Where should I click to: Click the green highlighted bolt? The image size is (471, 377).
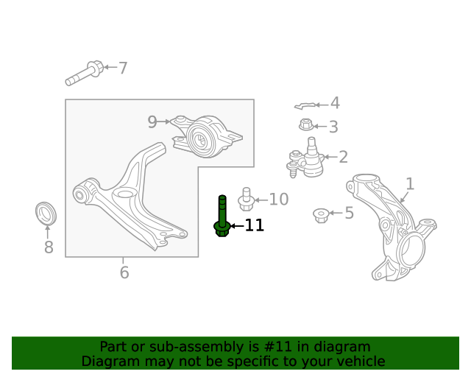click(x=222, y=217)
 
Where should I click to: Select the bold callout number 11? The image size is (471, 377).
click(x=255, y=225)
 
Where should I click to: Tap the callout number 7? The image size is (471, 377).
click(x=123, y=68)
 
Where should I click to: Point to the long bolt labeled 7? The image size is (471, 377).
click(x=85, y=73)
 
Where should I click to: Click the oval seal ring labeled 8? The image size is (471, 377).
click(x=46, y=213)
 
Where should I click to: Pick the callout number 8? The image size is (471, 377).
click(x=49, y=247)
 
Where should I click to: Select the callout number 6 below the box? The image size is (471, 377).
click(x=124, y=272)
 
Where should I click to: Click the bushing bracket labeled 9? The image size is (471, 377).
click(x=207, y=136)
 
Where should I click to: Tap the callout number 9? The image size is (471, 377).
click(x=152, y=121)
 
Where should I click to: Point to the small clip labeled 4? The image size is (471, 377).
click(x=305, y=106)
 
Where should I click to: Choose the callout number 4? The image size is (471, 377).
click(x=335, y=103)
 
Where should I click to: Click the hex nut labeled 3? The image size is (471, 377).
click(x=306, y=124)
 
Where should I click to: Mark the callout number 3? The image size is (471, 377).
click(x=333, y=127)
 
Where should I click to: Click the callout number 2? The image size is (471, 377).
click(x=343, y=157)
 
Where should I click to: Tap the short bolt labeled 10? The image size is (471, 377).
click(x=246, y=199)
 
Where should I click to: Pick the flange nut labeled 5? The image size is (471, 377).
click(x=321, y=216)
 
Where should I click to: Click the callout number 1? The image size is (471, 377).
click(x=411, y=183)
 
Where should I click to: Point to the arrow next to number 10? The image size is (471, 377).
click(x=261, y=200)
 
